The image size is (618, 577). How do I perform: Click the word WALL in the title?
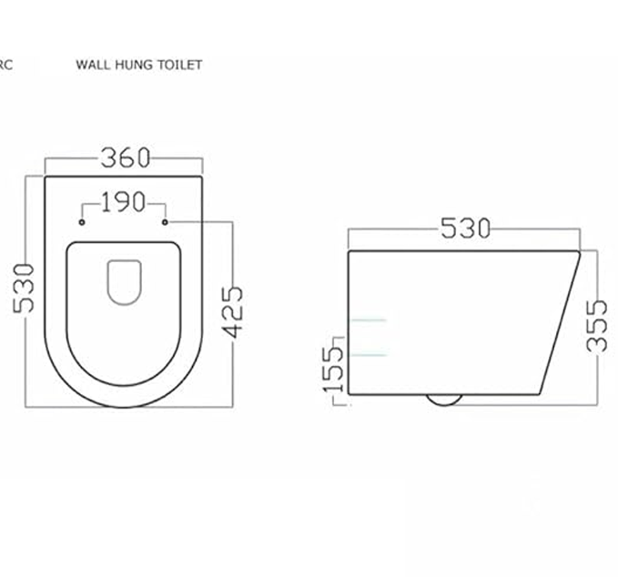tap(93, 65)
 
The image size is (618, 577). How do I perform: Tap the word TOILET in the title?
tap(178, 65)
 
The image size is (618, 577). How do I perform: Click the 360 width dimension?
tap(124, 157)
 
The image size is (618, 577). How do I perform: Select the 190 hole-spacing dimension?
tap(123, 202)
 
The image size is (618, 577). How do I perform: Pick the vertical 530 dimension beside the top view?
tap(25, 287)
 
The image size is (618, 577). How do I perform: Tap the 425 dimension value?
tap(233, 311)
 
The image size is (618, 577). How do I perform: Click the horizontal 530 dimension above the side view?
tap(465, 228)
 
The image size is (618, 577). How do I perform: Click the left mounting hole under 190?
tap(82, 221)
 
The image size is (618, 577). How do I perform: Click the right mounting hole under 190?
tap(165, 221)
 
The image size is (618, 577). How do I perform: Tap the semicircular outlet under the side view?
tap(444, 400)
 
